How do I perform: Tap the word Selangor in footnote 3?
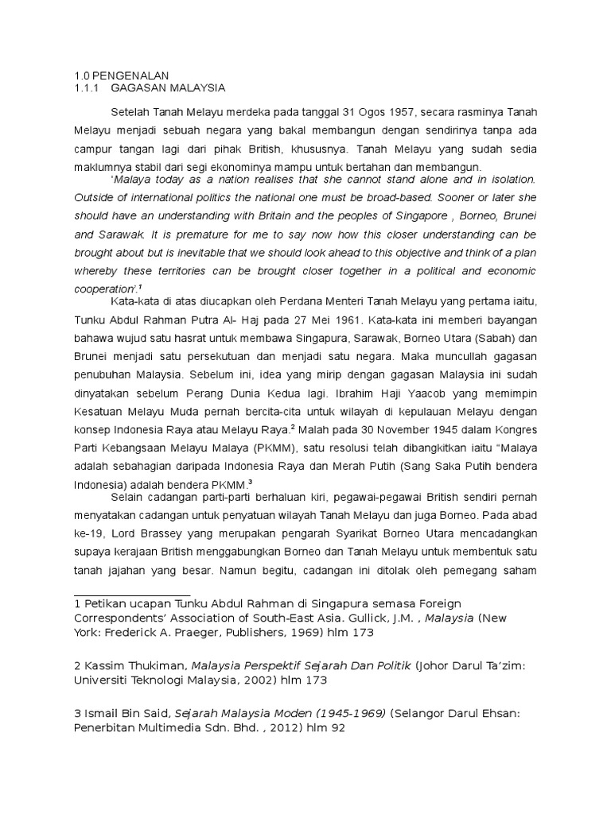[x=419, y=714]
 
